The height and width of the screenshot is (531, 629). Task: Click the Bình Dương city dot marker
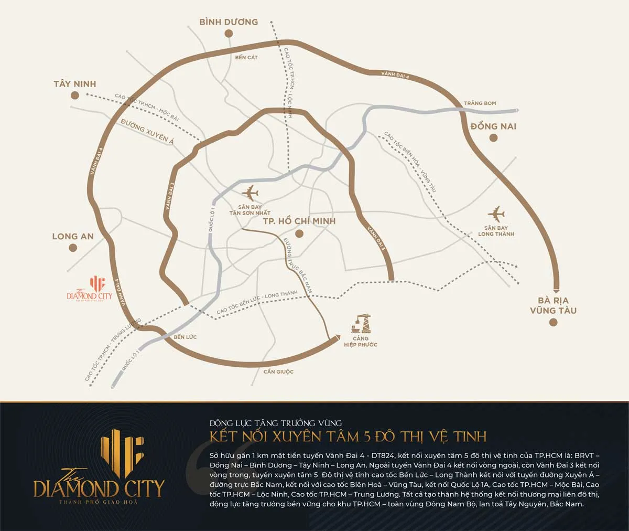pyautogui.click(x=228, y=34)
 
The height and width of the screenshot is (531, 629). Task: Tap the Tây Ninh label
pyautogui.click(x=75, y=84)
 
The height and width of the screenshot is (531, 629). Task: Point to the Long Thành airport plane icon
pyautogui.click(x=495, y=214)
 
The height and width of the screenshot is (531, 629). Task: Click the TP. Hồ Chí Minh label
pyautogui.click(x=299, y=221)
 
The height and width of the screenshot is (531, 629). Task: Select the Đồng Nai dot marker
pyautogui.click(x=493, y=138)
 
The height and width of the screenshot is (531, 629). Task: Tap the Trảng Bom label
pyautogui.click(x=480, y=103)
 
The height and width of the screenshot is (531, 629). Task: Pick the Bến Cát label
pyautogui.click(x=247, y=57)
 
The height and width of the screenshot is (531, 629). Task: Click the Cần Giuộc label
pyautogui.click(x=278, y=371)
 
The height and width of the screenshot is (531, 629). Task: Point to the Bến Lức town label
pyautogui.click(x=185, y=336)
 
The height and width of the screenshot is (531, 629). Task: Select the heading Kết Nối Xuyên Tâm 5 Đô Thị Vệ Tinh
pyautogui.click(x=348, y=436)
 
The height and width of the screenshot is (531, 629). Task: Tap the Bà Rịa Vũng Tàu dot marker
pyautogui.click(x=553, y=322)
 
